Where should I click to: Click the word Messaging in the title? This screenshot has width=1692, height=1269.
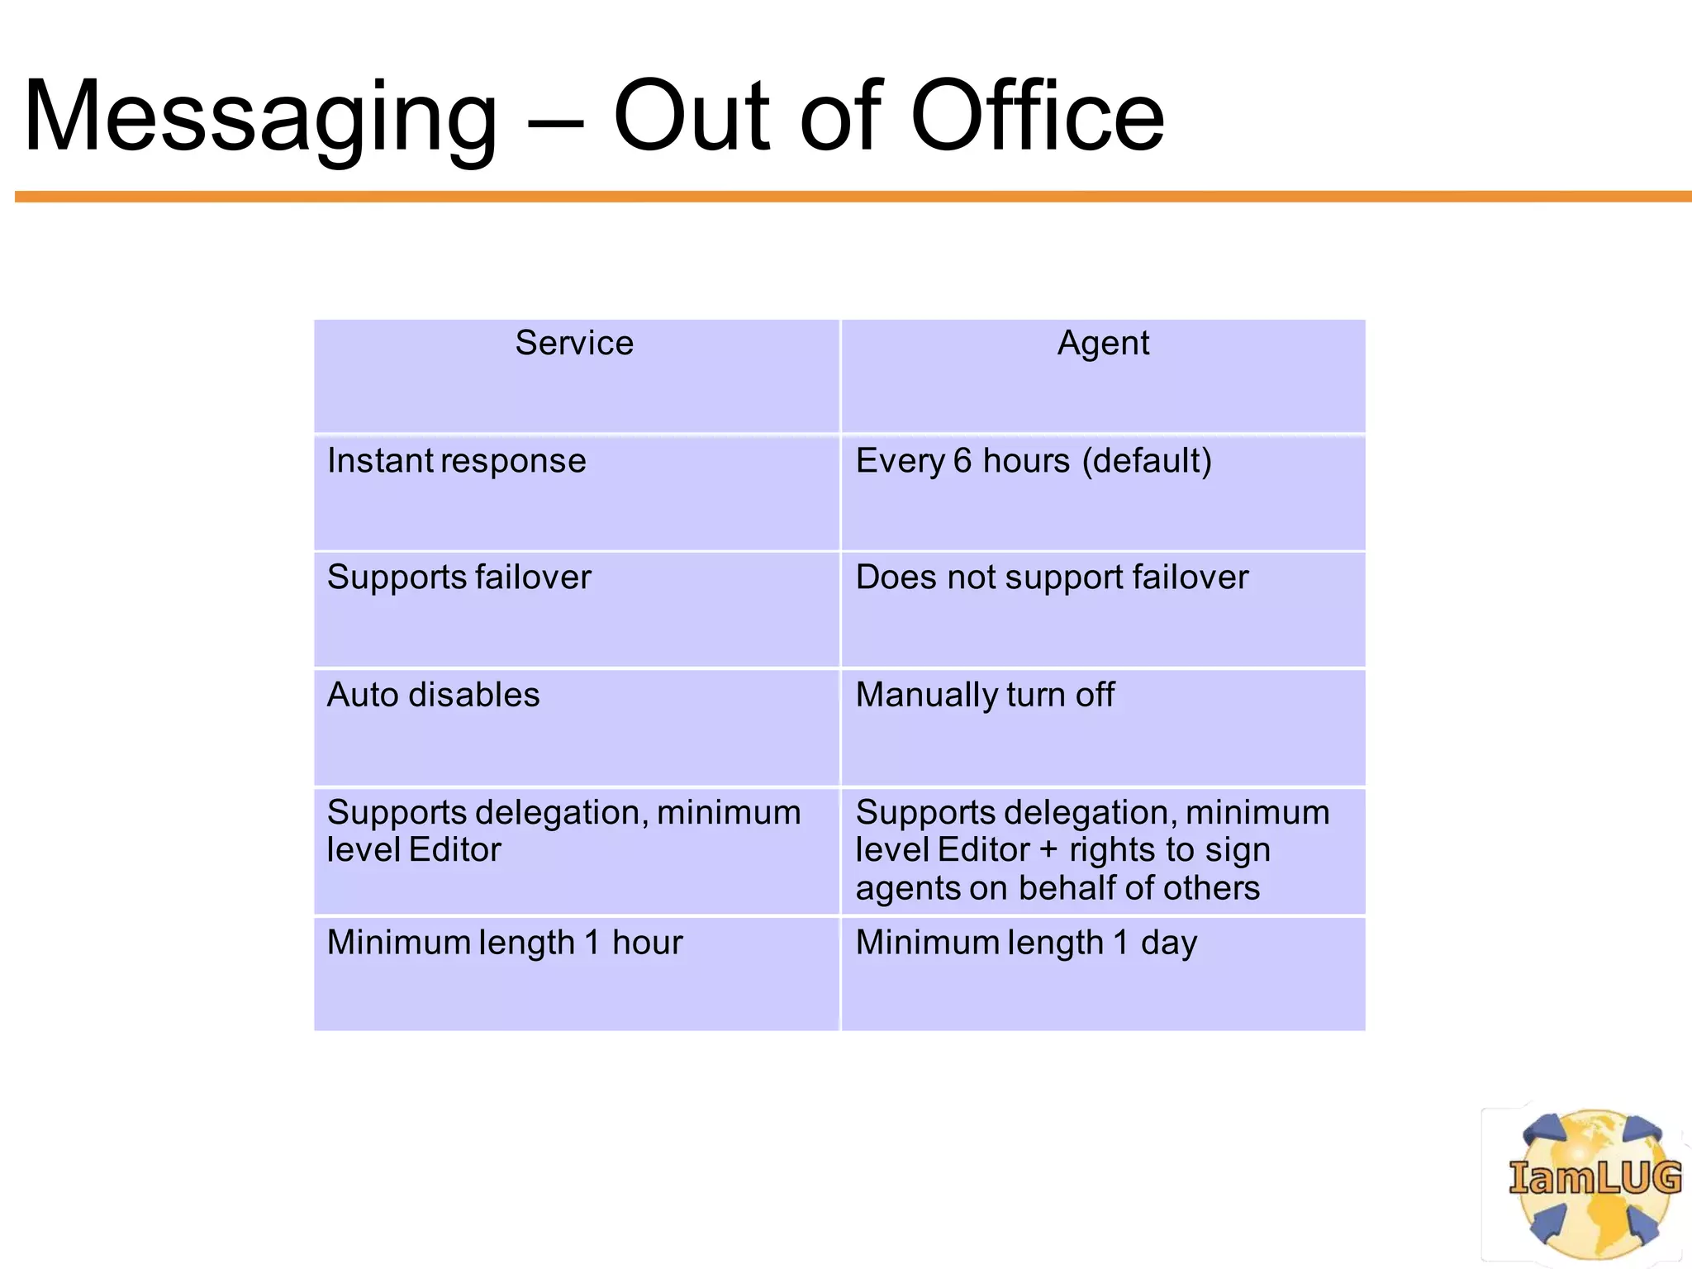point(260,117)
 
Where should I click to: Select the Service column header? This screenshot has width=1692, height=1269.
point(574,343)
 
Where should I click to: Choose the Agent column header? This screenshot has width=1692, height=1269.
point(1103,343)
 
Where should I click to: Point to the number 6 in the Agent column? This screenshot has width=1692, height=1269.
point(962,461)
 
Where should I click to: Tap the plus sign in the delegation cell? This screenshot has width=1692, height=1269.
point(1048,850)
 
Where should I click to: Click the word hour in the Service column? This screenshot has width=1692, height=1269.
point(648,943)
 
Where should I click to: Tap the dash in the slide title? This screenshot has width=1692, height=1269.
point(554,124)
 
